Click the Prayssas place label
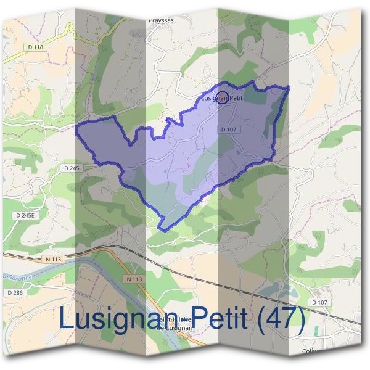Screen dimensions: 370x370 (162, 19)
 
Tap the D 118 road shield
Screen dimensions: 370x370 (36, 47)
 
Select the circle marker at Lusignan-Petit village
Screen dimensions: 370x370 (223, 97)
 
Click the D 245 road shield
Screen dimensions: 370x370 (72, 168)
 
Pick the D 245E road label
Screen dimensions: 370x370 (23, 215)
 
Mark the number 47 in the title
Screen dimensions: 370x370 (281, 318)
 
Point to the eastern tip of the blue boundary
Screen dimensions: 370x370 (289, 88)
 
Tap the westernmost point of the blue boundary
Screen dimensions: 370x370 (76, 128)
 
